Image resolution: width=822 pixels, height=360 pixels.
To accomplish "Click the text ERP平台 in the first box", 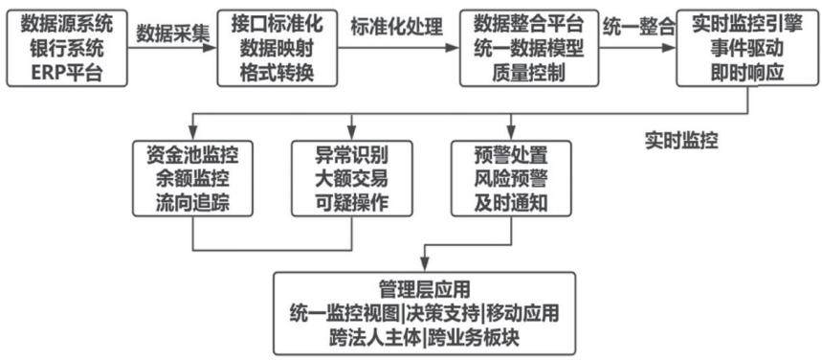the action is point(67,72).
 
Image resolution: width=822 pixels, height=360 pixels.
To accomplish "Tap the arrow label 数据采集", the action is point(172,34).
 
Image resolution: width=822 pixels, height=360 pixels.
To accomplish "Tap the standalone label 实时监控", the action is point(681,142).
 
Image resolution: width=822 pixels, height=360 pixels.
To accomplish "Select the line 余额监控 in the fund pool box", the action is point(192,179).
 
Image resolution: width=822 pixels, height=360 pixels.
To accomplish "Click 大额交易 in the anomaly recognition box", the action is point(351,179).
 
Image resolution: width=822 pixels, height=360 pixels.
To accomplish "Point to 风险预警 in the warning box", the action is point(511,179).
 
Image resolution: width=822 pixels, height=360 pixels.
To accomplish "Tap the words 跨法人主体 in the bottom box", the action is point(375,338).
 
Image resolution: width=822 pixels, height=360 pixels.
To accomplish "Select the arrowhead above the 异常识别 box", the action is point(352,134).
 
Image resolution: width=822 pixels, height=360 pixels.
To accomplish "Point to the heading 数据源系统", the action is point(67,24).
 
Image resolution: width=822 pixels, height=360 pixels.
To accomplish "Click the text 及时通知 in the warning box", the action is point(511,203).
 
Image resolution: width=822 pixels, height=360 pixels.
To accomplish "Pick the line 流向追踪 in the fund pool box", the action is point(192,203).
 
